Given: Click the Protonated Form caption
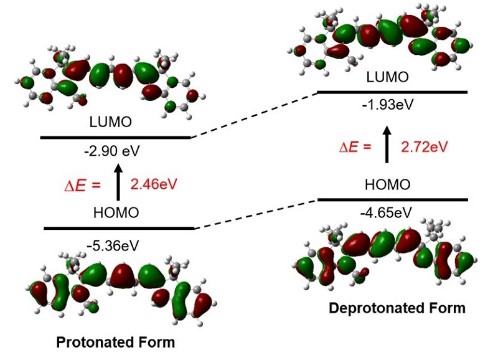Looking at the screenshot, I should coord(116,342).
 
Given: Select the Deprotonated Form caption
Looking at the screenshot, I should coord(397,308).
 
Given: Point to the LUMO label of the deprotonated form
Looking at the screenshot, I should coord(387,77).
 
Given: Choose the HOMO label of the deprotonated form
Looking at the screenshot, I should coord(387,184).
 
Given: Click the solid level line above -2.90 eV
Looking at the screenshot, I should coord(115,137).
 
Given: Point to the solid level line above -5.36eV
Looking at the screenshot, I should coord(119,229).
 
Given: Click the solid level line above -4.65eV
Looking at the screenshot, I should coord(392,200).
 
